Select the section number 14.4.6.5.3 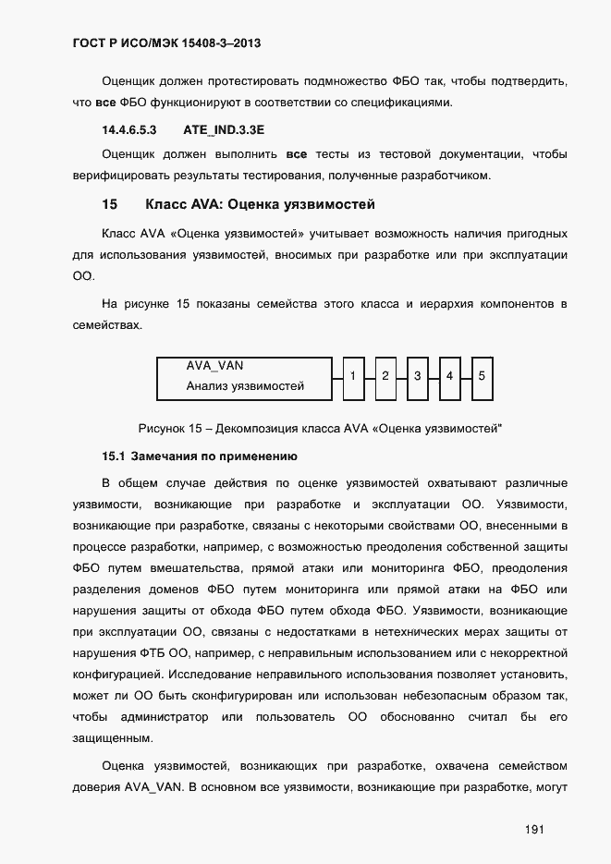[x=129, y=130]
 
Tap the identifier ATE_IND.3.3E [x=218, y=130]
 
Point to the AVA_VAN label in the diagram [x=214, y=366]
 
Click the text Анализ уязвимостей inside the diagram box [x=245, y=386]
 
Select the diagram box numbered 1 [x=353, y=378]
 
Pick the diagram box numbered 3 [x=417, y=378]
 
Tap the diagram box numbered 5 [x=482, y=378]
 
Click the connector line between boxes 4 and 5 [x=466, y=378]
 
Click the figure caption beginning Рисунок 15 [x=325, y=427]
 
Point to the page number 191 [x=534, y=830]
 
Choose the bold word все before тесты [x=296, y=153]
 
